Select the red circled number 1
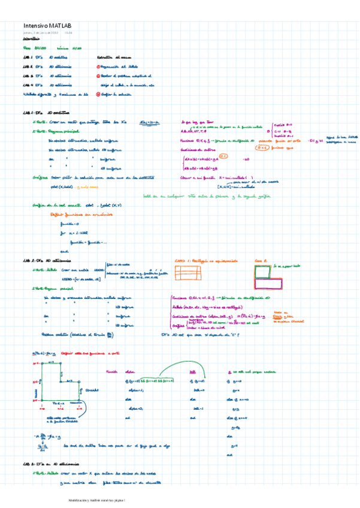pos(98,66)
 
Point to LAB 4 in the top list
pos(28,85)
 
